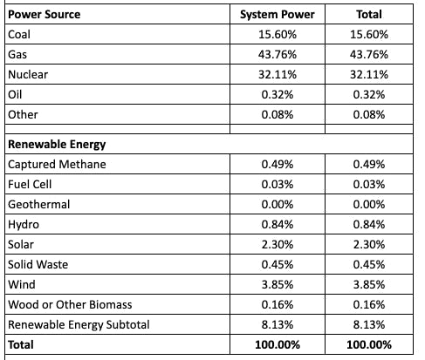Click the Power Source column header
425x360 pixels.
click(x=45, y=14)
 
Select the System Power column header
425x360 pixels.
click(x=278, y=15)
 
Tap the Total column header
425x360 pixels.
click(x=369, y=14)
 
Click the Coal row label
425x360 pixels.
click(x=19, y=34)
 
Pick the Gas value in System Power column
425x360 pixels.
click(x=278, y=54)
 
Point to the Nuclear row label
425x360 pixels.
click(x=28, y=74)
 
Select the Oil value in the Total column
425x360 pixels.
click(x=369, y=94)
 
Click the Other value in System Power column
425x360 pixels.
click(x=278, y=114)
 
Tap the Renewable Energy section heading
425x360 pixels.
click(x=57, y=145)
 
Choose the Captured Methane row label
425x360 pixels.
click(x=57, y=164)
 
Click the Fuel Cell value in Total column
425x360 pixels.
click(x=369, y=184)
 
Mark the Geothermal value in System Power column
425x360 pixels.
click(x=278, y=204)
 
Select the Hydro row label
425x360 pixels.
click(x=24, y=225)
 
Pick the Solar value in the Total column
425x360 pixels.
click(x=369, y=244)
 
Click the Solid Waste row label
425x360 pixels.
click(x=38, y=264)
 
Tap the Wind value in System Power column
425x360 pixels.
click(x=278, y=284)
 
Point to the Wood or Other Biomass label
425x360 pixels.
click(x=70, y=304)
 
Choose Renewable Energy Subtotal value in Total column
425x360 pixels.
click(x=369, y=324)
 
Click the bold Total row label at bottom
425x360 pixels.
click(x=21, y=344)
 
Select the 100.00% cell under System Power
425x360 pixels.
click(x=278, y=344)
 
